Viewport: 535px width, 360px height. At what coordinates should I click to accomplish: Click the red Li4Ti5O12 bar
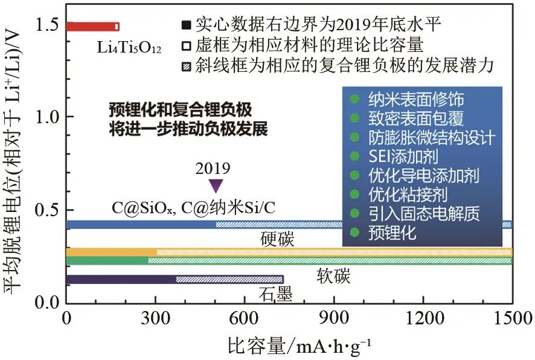(91, 27)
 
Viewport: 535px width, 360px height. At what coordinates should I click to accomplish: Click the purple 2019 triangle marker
(216, 186)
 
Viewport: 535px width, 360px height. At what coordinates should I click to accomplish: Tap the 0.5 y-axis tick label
(48, 210)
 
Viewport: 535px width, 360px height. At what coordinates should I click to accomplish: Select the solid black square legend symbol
(186, 25)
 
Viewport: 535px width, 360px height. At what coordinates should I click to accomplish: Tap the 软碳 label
(334, 276)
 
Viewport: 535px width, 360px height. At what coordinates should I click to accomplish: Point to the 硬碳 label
(278, 239)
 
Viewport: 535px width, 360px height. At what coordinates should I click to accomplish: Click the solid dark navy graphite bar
(121, 279)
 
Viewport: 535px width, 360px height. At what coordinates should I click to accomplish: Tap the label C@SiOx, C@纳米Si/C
(193, 207)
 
